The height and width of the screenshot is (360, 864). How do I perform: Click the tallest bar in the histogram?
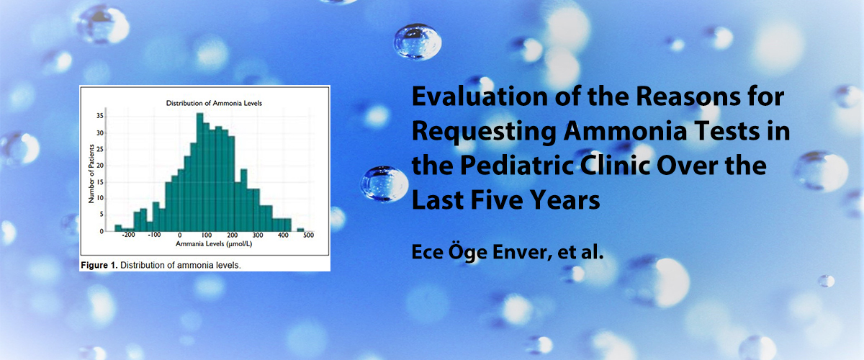(200, 172)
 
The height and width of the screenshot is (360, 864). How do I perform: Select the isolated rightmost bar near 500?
(300, 230)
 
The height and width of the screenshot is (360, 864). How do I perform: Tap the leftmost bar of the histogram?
(118, 228)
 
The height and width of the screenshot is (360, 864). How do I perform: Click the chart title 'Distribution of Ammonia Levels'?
(214, 103)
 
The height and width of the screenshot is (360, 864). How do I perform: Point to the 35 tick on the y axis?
(99, 116)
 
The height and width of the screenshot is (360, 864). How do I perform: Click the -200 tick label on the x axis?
(128, 235)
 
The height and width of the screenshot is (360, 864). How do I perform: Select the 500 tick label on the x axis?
(309, 235)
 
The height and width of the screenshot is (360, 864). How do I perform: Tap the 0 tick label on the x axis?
(180, 235)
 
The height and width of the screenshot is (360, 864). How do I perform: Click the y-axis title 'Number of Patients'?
(91, 174)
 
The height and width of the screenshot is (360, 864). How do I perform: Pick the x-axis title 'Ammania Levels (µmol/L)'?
(214, 244)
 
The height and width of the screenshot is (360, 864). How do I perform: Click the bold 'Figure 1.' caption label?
(99, 266)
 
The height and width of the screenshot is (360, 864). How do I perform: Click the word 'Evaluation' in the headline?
(480, 96)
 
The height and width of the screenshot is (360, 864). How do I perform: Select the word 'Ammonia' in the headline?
(625, 131)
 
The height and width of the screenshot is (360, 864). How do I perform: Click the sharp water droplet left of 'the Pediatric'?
(384, 184)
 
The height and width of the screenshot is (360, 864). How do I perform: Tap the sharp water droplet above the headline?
(418, 42)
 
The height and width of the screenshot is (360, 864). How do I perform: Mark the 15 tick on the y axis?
(99, 181)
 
